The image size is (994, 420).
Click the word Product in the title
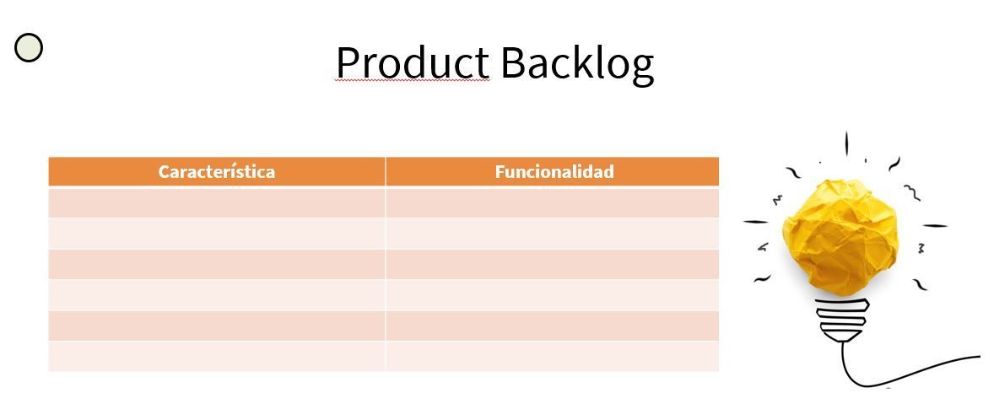click(412, 62)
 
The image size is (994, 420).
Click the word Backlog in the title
click(577, 65)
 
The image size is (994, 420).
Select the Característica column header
click(217, 172)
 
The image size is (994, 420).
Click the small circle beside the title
click(29, 47)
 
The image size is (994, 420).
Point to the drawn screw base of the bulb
click(842, 320)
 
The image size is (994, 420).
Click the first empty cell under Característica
click(217, 202)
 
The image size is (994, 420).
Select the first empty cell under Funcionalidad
click(552, 202)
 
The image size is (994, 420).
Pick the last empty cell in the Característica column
click(217, 357)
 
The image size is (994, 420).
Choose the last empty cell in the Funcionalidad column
click(552, 357)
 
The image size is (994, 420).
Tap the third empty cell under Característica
click(217, 264)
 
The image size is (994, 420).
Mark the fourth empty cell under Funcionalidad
click(552, 295)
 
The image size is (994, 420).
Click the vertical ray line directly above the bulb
click(846, 144)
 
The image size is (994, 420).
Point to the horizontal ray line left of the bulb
click(756, 222)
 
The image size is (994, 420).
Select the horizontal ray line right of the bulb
click(935, 225)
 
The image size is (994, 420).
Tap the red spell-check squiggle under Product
click(412, 81)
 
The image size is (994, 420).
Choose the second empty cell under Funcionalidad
click(552, 234)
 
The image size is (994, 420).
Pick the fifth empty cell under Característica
click(217, 326)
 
